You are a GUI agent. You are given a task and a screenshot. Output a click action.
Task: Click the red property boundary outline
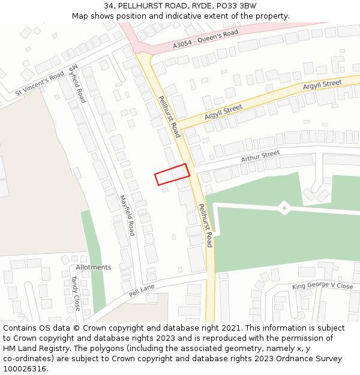point(172,175)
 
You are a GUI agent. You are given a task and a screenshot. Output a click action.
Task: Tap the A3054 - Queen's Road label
point(205,38)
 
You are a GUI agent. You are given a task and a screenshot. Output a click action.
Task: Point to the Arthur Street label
point(260,157)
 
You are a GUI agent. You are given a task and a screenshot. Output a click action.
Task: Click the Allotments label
point(94,267)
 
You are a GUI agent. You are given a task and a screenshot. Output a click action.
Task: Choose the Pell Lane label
point(142,291)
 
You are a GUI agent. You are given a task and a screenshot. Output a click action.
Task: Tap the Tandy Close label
point(76,293)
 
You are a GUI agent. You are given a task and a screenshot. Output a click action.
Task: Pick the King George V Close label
point(322,286)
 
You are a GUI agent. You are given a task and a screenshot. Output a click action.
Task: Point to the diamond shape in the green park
point(284,208)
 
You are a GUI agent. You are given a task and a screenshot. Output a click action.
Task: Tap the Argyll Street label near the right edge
point(322,85)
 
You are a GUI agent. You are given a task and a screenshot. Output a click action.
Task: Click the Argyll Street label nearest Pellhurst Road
point(223,111)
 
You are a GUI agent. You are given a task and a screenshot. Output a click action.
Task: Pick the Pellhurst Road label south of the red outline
point(205,225)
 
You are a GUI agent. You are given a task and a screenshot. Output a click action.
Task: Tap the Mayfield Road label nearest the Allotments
point(127,215)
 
